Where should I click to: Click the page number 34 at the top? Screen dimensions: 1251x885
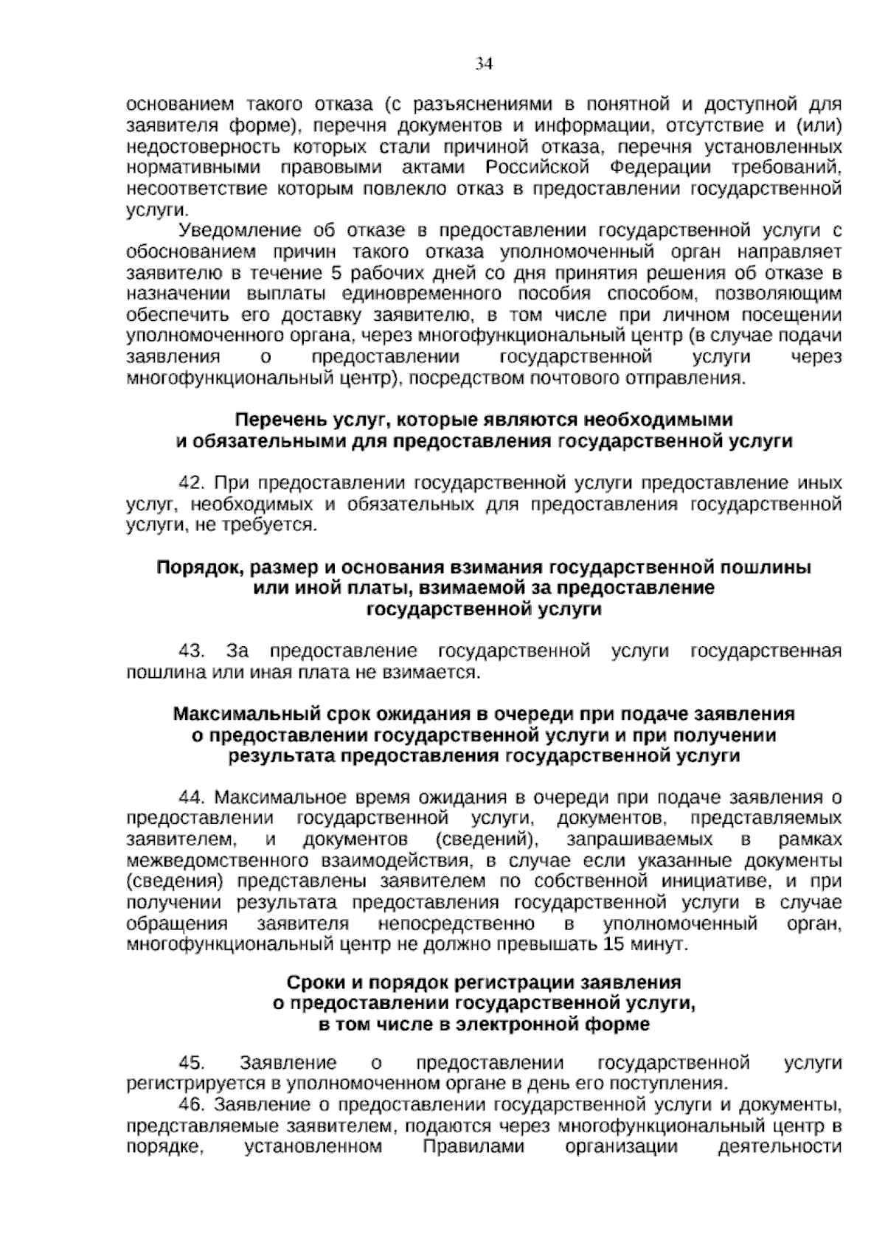coord(483,65)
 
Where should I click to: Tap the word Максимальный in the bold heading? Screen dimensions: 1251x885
coord(235,714)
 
